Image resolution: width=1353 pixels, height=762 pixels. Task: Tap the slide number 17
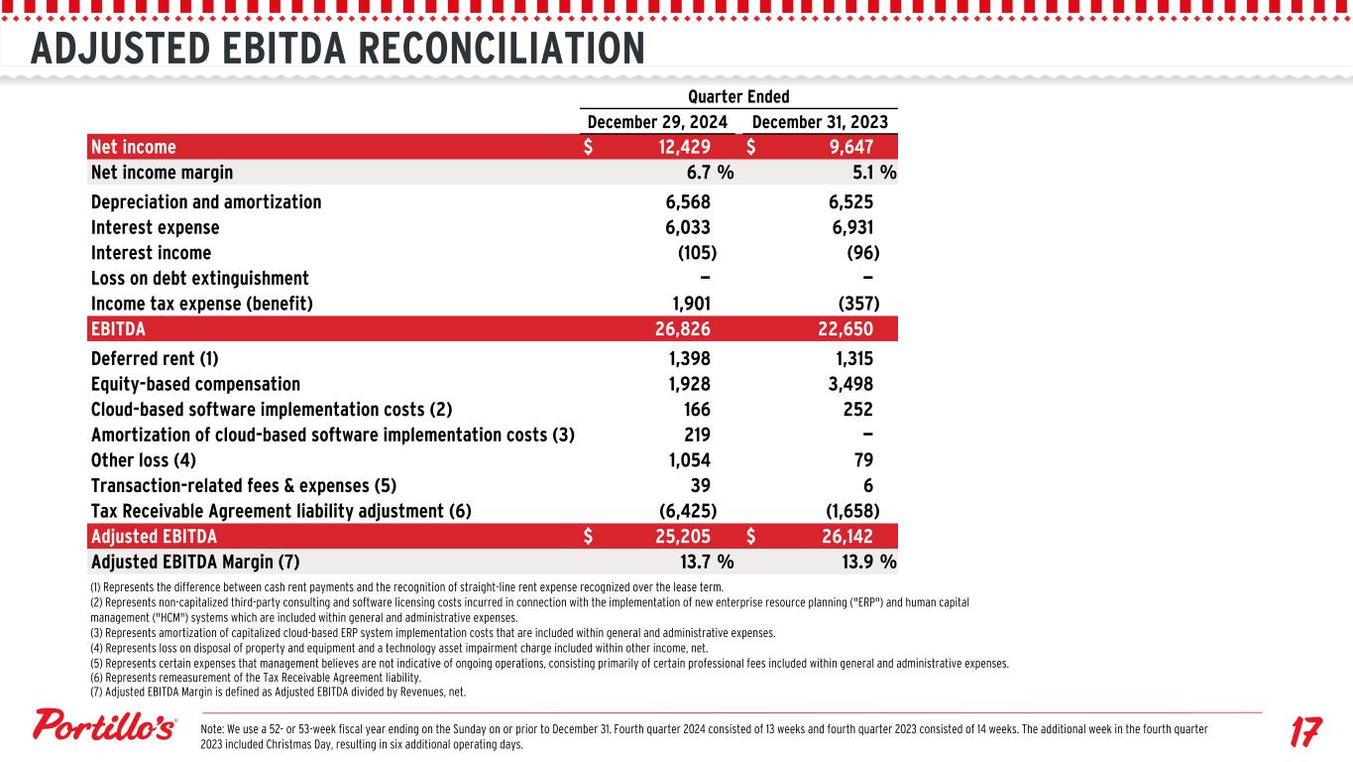[1305, 733]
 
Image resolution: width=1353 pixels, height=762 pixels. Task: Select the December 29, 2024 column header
[658, 122]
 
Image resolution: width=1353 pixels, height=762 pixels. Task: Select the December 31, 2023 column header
[820, 122]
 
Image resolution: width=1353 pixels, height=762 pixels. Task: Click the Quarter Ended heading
[738, 96]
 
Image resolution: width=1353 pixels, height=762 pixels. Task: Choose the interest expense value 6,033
[688, 227]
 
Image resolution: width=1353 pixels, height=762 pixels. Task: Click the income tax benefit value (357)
[858, 304]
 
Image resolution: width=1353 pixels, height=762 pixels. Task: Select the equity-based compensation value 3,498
[851, 384]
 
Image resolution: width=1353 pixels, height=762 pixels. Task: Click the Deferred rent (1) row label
[155, 358]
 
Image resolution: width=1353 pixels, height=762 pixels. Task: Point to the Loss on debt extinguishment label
[200, 278]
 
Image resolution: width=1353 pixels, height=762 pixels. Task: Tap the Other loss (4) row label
[144, 460]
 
